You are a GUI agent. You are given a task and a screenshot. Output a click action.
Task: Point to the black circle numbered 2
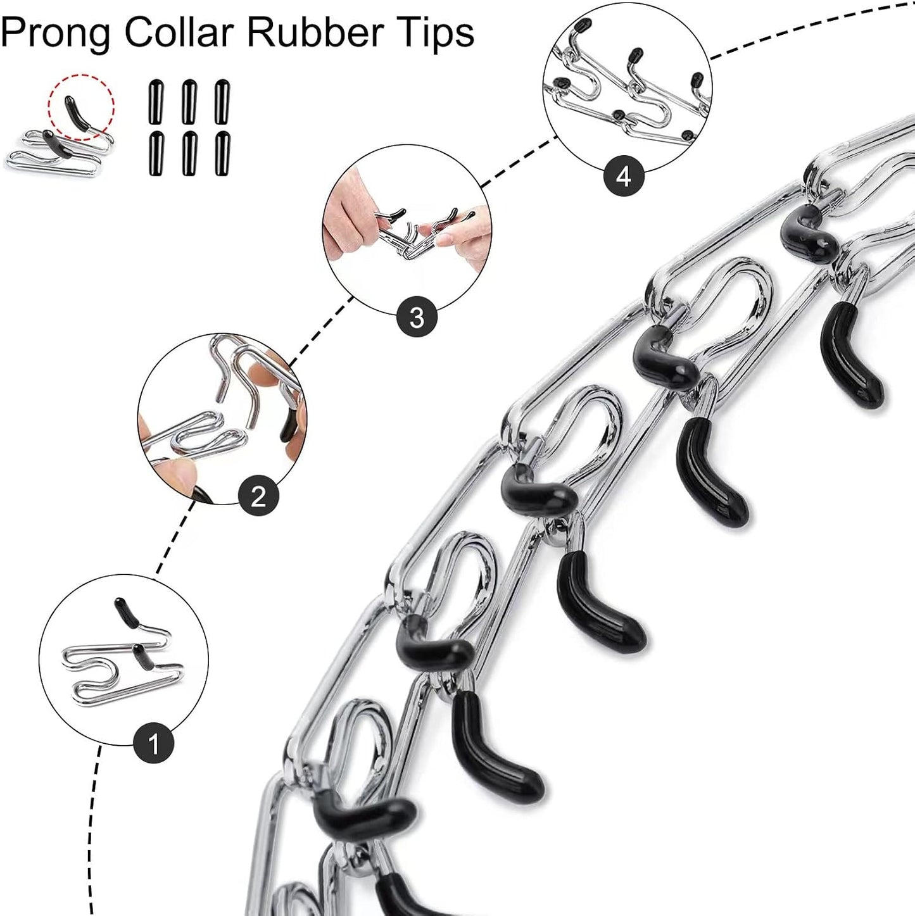(258, 497)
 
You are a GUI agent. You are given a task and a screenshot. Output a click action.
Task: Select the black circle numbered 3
(417, 317)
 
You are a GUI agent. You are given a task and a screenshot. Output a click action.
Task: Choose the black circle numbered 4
(624, 177)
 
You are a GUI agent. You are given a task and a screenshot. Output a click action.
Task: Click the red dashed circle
(81, 106)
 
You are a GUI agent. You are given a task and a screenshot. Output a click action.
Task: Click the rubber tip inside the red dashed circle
(79, 114)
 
